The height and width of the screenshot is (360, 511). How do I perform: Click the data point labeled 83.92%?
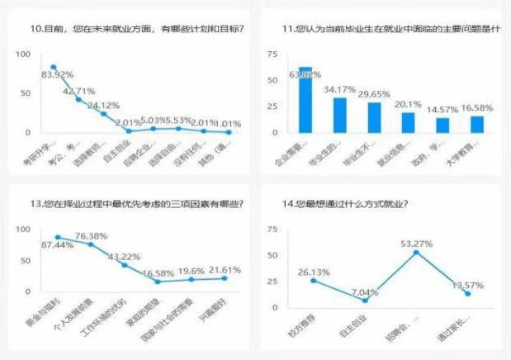(54, 67)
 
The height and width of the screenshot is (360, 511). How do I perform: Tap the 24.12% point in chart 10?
(103, 113)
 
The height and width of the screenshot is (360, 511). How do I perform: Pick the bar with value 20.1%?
(408, 122)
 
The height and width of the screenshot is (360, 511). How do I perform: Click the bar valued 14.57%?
(442, 125)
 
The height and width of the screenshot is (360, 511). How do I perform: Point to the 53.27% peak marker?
(415, 252)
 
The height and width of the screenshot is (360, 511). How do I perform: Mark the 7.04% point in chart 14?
(365, 300)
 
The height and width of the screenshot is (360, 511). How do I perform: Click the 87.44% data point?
(58, 237)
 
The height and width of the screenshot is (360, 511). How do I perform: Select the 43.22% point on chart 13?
(125, 265)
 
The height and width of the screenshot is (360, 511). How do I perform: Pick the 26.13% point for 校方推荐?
(314, 281)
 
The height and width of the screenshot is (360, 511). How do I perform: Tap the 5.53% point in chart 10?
(178, 128)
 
